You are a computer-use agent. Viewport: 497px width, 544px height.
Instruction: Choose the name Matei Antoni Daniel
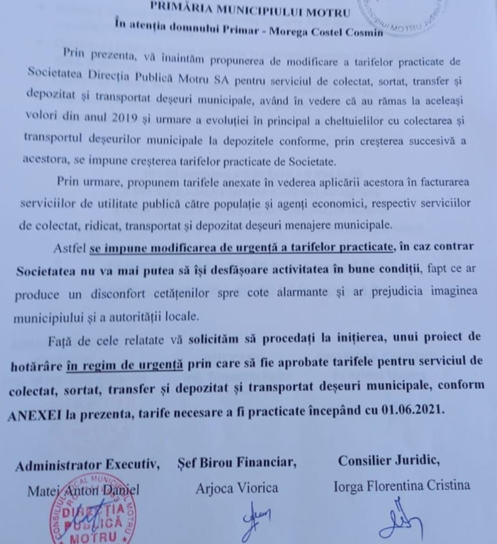(89, 489)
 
